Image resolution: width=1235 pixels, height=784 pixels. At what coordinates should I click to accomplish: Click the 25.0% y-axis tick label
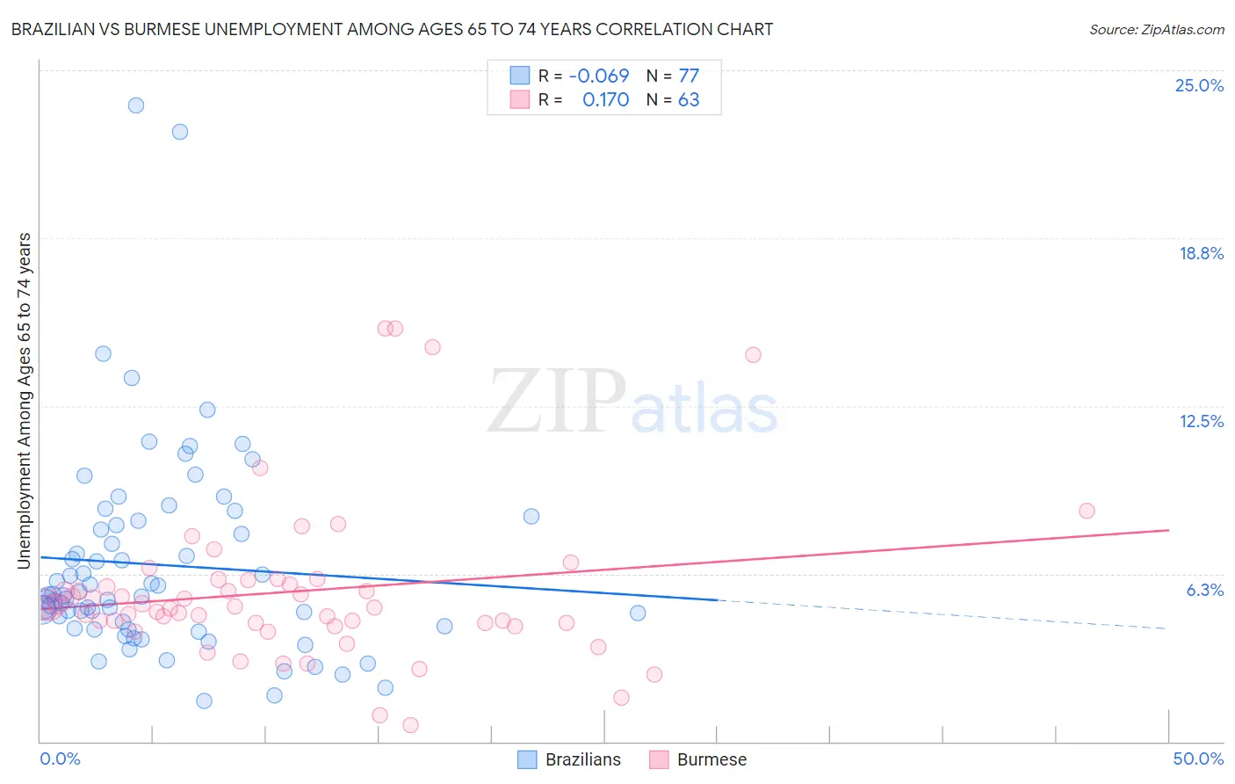tap(1199, 85)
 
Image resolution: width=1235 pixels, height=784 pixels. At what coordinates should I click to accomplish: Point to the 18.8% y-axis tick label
tap(1201, 253)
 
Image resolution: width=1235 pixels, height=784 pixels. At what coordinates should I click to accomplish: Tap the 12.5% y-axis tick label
tap(1201, 421)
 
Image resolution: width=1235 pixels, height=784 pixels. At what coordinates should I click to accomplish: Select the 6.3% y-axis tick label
tap(1204, 590)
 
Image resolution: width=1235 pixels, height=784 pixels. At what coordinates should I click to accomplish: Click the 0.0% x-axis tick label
tap(60, 759)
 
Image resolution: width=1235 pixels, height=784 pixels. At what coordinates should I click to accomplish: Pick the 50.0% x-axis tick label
tap(1198, 759)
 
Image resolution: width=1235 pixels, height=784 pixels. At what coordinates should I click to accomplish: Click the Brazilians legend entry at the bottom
tap(582, 759)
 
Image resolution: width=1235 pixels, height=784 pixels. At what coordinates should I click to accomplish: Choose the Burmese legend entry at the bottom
tap(711, 759)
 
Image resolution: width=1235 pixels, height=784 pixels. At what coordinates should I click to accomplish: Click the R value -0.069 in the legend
tap(599, 76)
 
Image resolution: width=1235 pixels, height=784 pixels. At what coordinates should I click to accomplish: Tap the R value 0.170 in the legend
tap(605, 100)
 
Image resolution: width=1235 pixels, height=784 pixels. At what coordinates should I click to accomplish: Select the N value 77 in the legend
tap(689, 76)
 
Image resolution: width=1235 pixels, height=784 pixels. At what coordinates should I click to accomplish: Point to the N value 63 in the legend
tap(689, 100)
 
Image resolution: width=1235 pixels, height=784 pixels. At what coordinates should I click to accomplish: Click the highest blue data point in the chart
tap(136, 105)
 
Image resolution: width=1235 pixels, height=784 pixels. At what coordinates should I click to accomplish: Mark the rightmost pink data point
tap(1087, 511)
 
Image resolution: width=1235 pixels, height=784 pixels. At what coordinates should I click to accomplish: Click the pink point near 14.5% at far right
tap(753, 355)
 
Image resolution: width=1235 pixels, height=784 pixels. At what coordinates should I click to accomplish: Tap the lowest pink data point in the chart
tap(410, 725)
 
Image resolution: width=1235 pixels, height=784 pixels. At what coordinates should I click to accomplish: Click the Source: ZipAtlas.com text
tap(1156, 30)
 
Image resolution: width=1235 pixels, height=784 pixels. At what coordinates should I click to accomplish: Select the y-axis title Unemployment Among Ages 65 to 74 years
tap(25, 401)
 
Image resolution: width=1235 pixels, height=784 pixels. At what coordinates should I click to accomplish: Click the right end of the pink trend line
tap(1168, 530)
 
